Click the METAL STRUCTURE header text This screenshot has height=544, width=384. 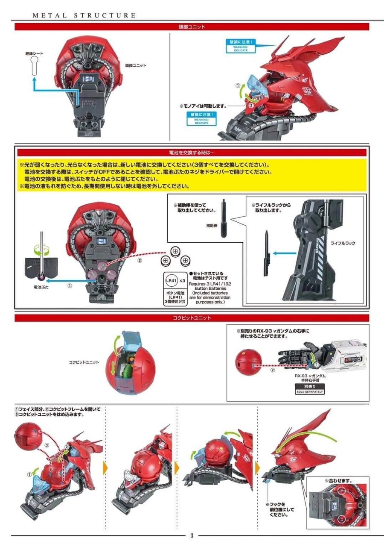(x=84, y=15)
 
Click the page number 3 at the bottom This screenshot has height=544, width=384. (x=192, y=536)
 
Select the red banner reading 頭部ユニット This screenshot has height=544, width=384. (x=192, y=26)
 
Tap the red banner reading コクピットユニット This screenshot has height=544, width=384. (x=192, y=318)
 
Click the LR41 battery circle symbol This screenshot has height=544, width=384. (x=170, y=281)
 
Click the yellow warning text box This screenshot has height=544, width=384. (x=192, y=176)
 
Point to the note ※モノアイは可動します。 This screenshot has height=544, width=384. (x=203, y=106)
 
